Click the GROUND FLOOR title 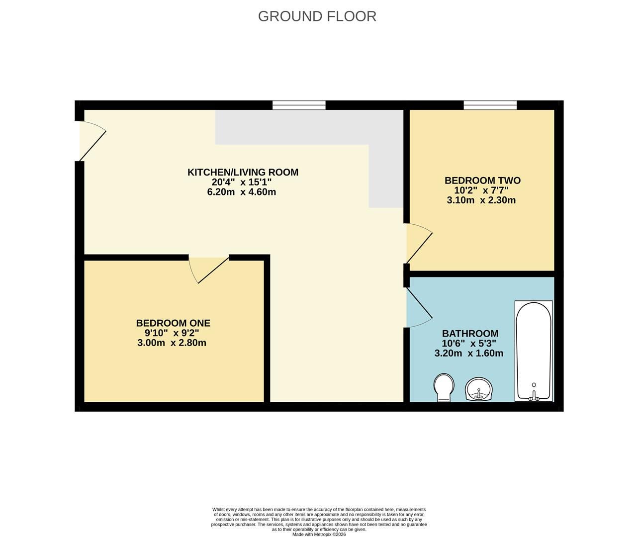pos(317,16)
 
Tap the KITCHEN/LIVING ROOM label pos(243,173)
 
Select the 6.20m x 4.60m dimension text pos(242,192)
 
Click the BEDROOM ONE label pos(173,323)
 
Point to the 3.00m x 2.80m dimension pos(172,343)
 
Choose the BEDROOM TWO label pos(482,180)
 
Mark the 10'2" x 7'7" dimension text pos(481,190)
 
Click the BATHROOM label pos(470,334)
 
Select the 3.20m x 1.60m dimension pos(469,354)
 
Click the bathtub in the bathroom pos(534,351)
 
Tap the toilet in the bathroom pos(444,387)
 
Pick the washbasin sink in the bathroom pos(479,389)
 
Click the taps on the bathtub pos(534,396)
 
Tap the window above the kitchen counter pos(299,105)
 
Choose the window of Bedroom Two pos(490,105)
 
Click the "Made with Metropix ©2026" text pos(319,535)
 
